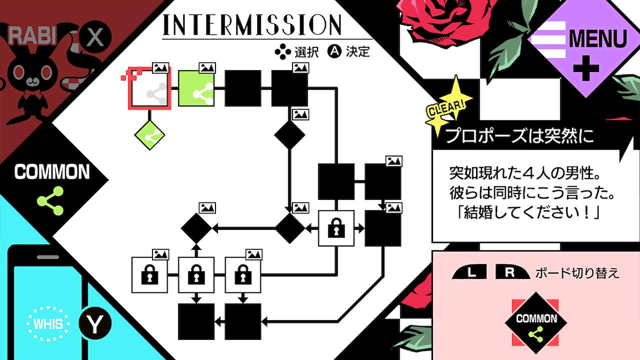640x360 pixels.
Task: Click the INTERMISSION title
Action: tap(252, 24)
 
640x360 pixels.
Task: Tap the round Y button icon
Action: tap(95, 323)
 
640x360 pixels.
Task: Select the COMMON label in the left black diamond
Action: tap(52, 172)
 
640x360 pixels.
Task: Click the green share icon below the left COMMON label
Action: tap(50, 200)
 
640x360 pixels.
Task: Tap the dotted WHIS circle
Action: tap(48, 323)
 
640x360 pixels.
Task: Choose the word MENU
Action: tap(597, 39)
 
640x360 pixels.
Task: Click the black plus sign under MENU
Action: tap(585, 69)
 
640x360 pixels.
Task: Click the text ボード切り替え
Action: tap(577, 273)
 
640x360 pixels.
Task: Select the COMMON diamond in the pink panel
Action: tap(536, 320)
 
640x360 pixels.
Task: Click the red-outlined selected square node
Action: tap(149, 88)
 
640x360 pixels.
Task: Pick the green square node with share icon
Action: tap(196, 88)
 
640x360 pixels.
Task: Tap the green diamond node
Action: tap(149, 135)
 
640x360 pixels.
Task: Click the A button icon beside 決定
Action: tap(334, 51)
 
